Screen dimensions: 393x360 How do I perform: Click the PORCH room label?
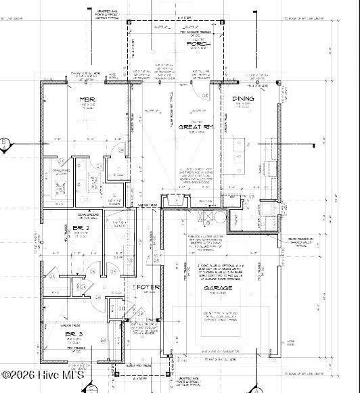(x=198, y=44)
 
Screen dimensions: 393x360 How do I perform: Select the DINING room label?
(x=243, y=99)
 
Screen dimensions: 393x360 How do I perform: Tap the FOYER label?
(x=149, y=287)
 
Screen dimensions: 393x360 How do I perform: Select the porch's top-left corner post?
(x=129, y=22)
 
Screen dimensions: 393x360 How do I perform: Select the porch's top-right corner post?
(x=223, y=22)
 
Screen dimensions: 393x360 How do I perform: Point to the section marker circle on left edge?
(x=3, y=143)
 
